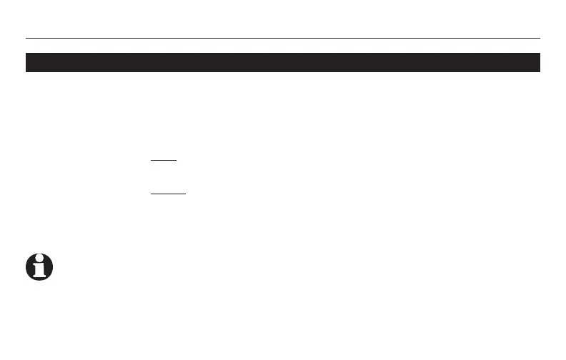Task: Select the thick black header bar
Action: (283, 62)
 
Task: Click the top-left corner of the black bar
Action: (26, 53)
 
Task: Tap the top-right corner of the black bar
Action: (539, 53)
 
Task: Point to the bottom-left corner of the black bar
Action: (26, 71)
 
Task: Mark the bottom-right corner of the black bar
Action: (539, 71)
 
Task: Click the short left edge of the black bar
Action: (26, 62)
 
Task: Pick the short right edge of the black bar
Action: (539, 62)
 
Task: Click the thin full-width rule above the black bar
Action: (283, 38)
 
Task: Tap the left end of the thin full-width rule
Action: (26, 38)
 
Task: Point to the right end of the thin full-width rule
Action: (539, 38)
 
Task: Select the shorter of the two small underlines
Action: (164, 161)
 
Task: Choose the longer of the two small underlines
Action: (168, 193)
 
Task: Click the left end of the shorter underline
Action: (152, 161)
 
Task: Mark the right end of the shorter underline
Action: (176, 161)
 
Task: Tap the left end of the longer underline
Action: (152, 193)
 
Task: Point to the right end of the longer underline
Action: (185, 193)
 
